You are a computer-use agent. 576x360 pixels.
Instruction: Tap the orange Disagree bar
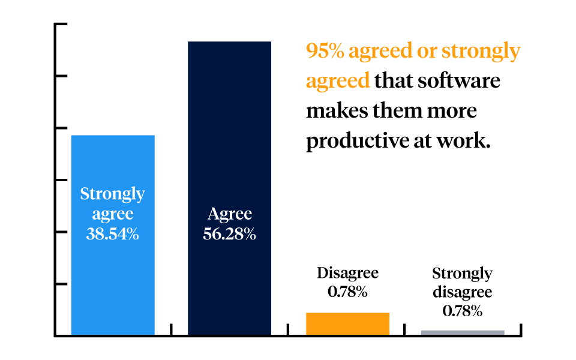point(347,323)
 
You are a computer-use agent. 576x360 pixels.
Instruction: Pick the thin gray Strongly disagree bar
point(463,332)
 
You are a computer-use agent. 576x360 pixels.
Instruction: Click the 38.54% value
point(113,234)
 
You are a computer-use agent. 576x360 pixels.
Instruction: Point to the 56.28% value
point(230,234)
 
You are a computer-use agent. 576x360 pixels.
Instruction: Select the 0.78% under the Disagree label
point(347,292)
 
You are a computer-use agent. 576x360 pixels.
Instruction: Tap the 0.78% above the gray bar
point(463,311)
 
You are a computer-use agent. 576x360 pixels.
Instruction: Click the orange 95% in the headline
point(325,52)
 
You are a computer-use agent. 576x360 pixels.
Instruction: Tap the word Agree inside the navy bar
point(230,214)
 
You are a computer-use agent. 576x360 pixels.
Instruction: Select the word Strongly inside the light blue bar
point(113,194)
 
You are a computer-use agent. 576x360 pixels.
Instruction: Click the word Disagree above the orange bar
point(347,273)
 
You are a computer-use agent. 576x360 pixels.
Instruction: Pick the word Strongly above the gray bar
point(463,274)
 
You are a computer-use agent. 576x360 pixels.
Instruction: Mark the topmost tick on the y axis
point(60,25)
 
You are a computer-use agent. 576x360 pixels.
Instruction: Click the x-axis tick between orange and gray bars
point(405,329)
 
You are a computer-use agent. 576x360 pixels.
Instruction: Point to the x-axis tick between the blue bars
point(172,329)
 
